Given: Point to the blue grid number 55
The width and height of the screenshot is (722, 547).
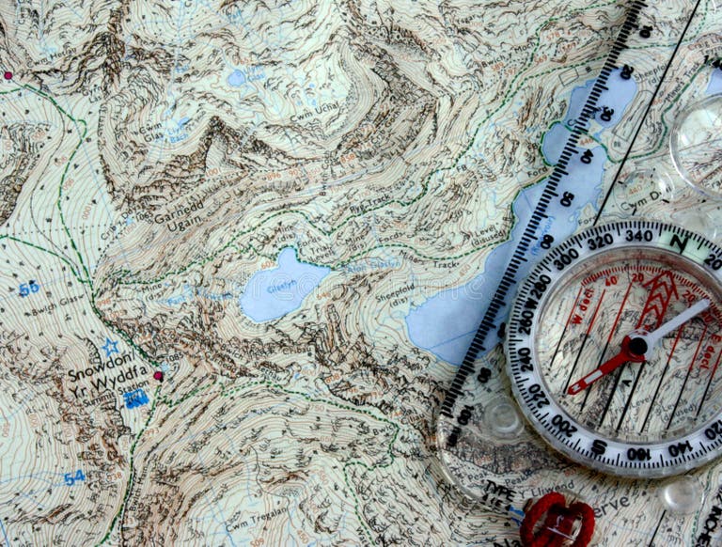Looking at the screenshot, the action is tap(28, 289).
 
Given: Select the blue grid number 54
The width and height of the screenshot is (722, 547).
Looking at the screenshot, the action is tap(73, 477).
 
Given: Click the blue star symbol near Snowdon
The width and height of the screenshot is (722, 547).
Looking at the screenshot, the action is tap(111, 348).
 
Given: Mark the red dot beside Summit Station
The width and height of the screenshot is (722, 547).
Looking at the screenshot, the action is tap(158, 376).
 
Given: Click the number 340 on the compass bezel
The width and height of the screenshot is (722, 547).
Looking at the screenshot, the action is tap(638, 236).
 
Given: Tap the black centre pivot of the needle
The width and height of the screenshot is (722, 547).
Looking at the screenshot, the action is tap(637, 346).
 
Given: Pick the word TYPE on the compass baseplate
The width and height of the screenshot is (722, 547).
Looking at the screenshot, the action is tap(498, 489).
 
